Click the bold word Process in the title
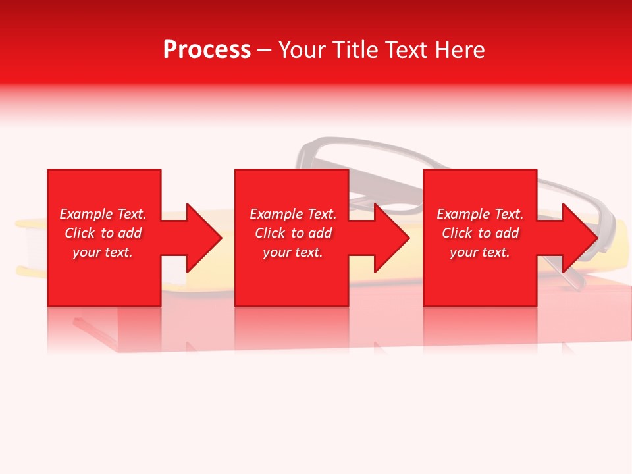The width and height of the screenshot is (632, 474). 207,50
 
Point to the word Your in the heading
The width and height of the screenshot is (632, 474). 303,50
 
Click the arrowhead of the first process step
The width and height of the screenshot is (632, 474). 204,238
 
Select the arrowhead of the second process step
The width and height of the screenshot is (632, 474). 392,238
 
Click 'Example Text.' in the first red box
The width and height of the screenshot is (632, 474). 103,214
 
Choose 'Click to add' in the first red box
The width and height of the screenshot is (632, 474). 103,233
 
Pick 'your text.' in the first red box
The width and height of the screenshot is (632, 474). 103,252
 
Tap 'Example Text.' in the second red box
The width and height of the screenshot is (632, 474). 293,214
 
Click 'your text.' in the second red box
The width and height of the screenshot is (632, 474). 293,252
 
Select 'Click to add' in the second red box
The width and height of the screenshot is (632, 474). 293,233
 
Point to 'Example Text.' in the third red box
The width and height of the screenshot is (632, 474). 480,214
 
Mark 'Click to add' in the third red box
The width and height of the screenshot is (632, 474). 480,233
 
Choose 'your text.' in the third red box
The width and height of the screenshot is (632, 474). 480,252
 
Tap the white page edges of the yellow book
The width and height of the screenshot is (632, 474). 36,250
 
